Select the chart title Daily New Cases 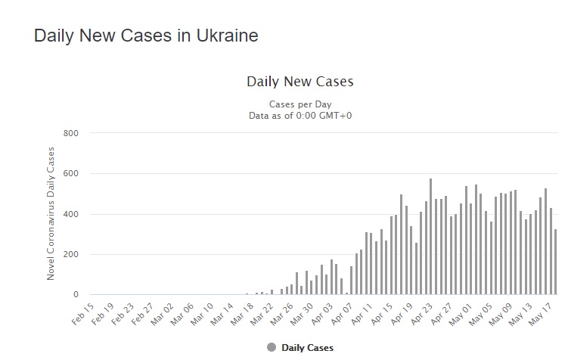(300, 81)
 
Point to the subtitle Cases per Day (300, 104)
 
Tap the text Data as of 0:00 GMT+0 (300, 115)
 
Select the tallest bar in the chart (430, 237)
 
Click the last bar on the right (556, 262)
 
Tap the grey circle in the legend (272, 348)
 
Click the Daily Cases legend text (306, 348)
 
